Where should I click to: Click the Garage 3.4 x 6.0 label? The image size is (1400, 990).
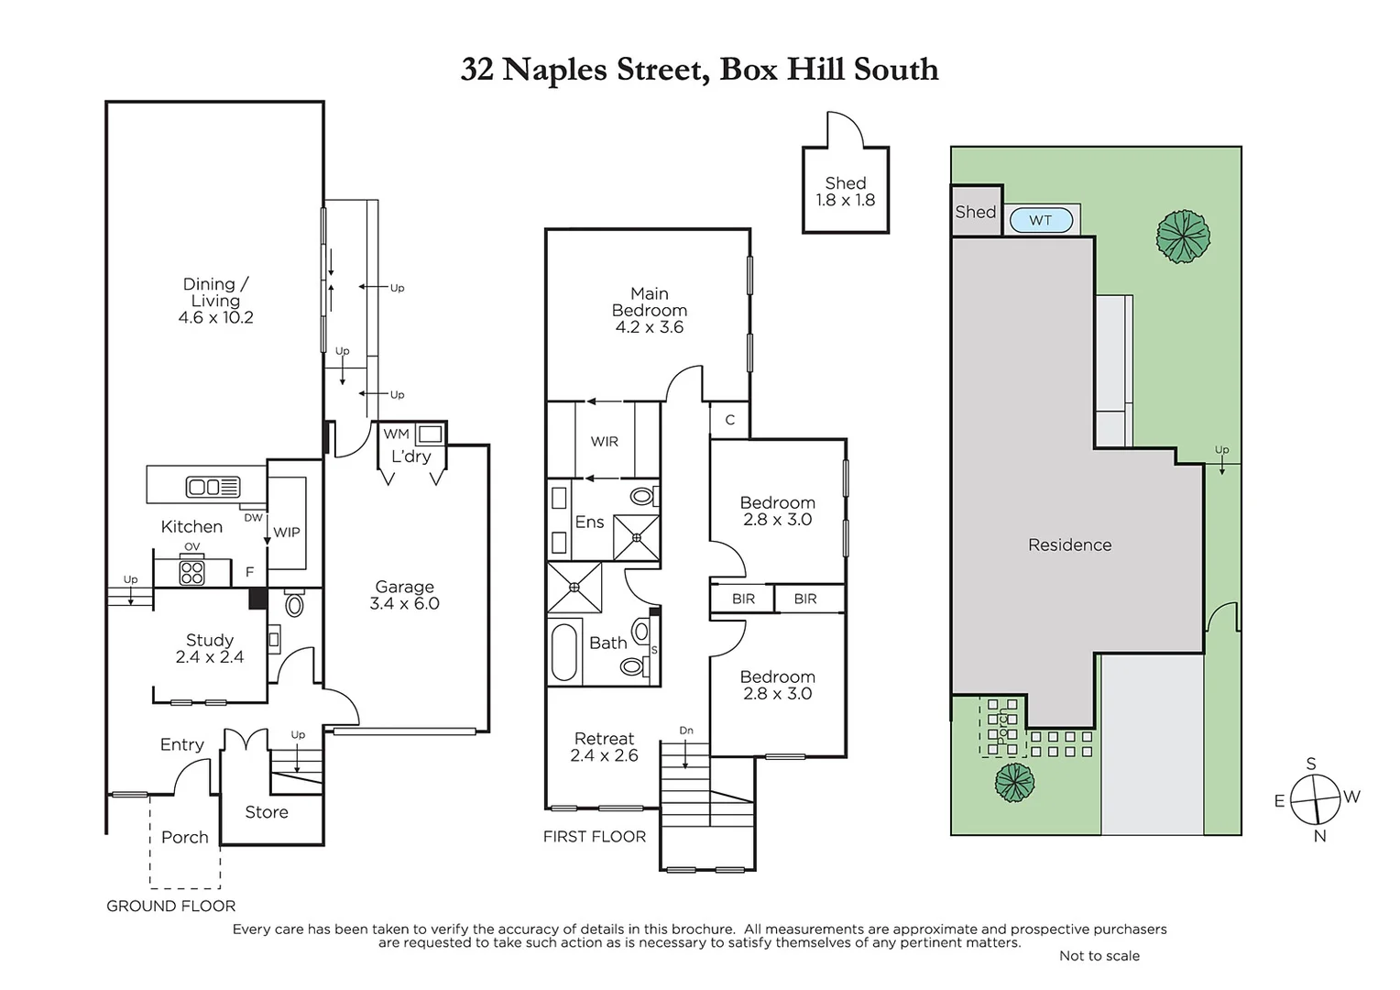404,595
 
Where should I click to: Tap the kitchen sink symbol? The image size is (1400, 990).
213,487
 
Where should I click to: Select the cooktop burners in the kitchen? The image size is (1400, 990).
191,573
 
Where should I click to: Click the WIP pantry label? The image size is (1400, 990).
287,532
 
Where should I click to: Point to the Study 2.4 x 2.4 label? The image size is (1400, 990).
210,648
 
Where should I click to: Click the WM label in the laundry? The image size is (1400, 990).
396,434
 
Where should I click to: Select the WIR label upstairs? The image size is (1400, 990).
604,441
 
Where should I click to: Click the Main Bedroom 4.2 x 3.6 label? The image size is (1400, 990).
649,310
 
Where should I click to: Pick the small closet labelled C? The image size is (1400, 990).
730,420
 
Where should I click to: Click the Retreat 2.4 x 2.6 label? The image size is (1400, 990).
604,747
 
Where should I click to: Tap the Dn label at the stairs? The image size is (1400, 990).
686,731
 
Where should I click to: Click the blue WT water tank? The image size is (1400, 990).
1041,220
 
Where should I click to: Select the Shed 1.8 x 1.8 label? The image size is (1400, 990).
845,191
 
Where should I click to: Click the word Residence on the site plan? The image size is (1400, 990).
1069,544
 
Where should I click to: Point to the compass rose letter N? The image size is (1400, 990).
1319,835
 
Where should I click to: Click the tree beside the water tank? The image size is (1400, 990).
1183,236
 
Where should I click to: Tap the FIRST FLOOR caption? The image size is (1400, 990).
594,836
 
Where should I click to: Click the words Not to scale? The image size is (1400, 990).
1099,955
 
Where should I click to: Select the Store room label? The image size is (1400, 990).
267,812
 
